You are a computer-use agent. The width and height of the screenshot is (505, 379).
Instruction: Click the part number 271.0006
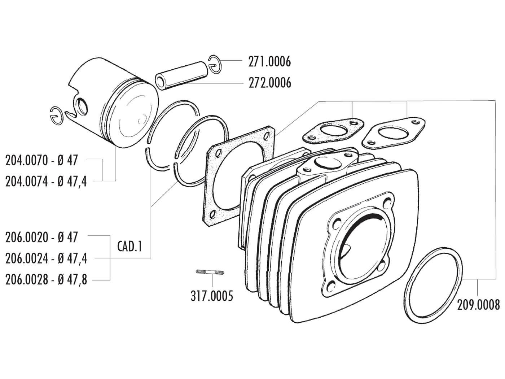[269, 62]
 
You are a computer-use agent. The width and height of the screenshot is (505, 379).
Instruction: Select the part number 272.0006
[269, 83]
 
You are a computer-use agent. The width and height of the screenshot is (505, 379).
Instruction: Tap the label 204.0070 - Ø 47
[41, 160]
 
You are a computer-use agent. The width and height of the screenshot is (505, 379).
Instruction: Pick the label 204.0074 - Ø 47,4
[46, 182]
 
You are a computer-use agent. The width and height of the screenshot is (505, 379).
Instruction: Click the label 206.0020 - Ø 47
[41, 237]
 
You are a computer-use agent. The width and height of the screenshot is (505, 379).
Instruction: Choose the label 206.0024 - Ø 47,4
[46, 258]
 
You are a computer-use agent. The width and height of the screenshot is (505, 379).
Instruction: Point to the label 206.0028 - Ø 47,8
[46, 279]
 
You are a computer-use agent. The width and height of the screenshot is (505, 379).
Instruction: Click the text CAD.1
[130, 247]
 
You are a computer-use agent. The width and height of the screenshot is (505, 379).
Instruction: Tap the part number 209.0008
[478, 305]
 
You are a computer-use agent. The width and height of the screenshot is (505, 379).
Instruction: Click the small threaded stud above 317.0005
[210, 272]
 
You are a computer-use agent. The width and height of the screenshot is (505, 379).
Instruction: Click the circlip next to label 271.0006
[215, 65]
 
